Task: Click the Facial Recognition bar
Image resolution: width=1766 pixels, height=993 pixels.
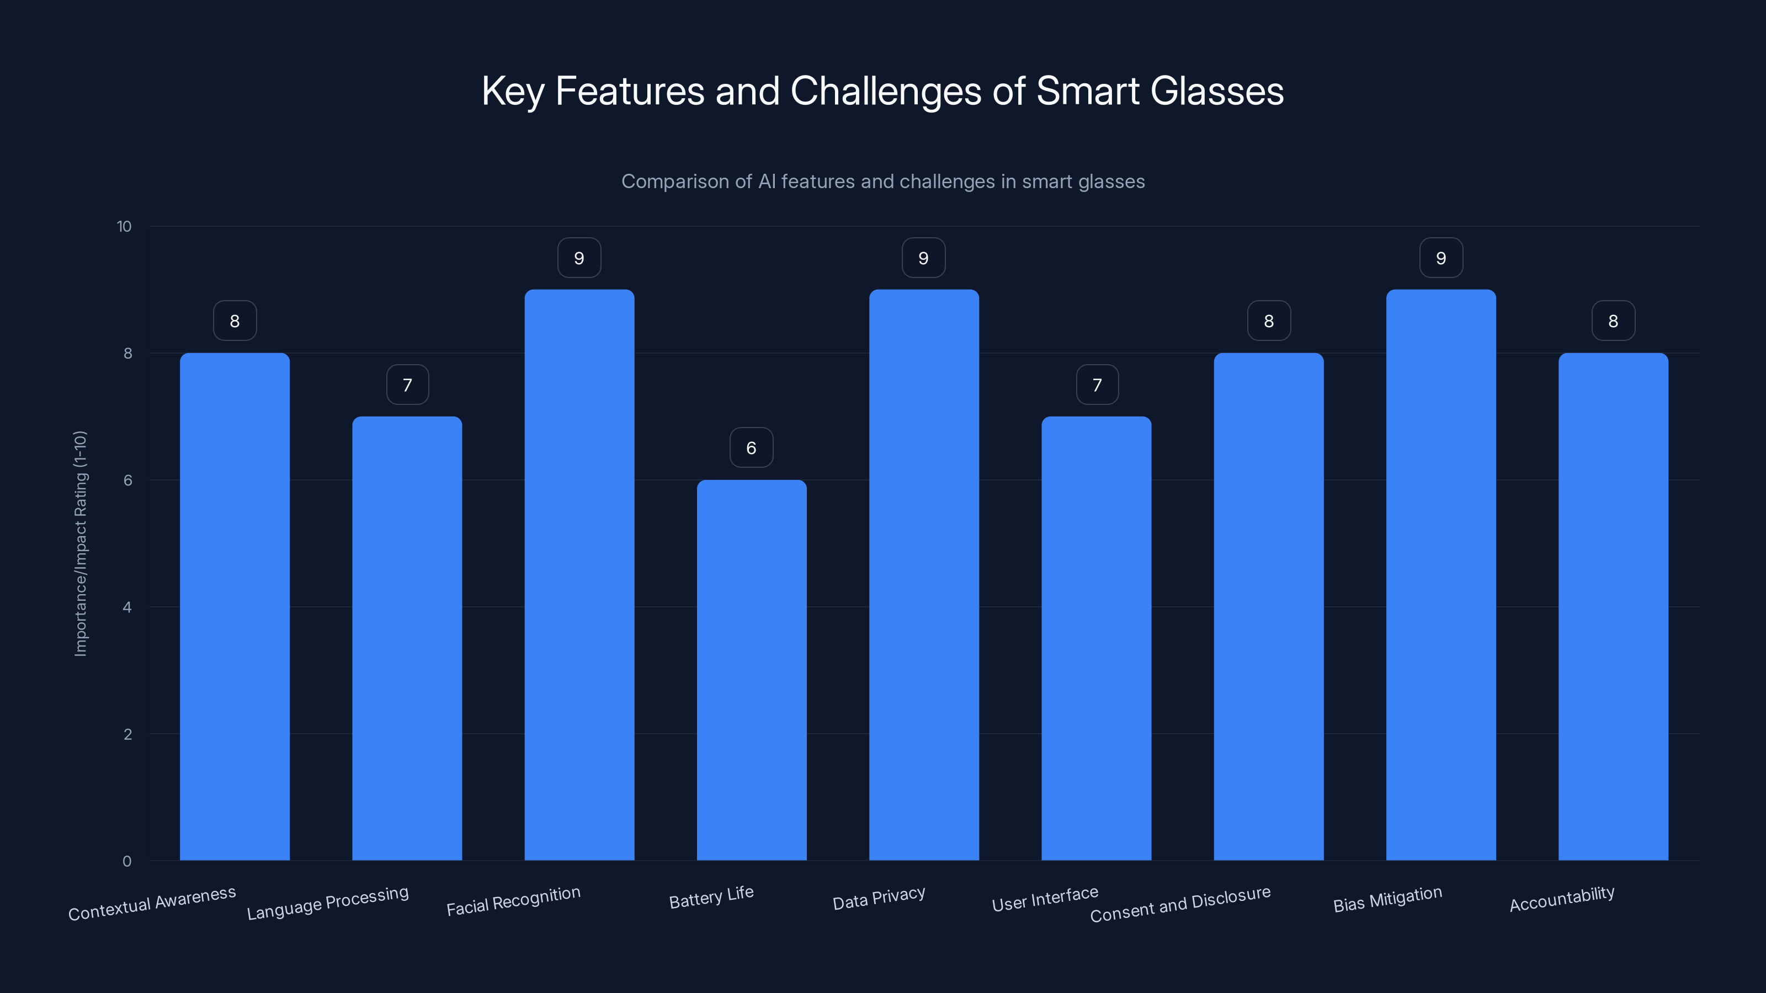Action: [579, 575]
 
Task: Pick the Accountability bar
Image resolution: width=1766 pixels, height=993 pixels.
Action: [1613, 606]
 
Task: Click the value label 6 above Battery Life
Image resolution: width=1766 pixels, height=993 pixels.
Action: [751, 447]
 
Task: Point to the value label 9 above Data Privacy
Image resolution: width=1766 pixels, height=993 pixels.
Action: [923, 258]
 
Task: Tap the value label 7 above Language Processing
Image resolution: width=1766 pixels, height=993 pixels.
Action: [407, 385]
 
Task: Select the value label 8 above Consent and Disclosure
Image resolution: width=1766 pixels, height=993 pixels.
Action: [1268, 321]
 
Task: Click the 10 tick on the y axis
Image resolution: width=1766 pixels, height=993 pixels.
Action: [124, 226]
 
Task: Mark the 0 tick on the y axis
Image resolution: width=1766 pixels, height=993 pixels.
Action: [127, 861]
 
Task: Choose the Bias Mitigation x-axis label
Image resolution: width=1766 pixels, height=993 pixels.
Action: [1387, 899]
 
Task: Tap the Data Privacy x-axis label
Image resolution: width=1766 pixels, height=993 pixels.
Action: [879, 898]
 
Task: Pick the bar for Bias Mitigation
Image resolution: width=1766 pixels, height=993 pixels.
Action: [1440, 575]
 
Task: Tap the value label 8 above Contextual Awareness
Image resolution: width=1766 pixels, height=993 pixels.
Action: [235, 321]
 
